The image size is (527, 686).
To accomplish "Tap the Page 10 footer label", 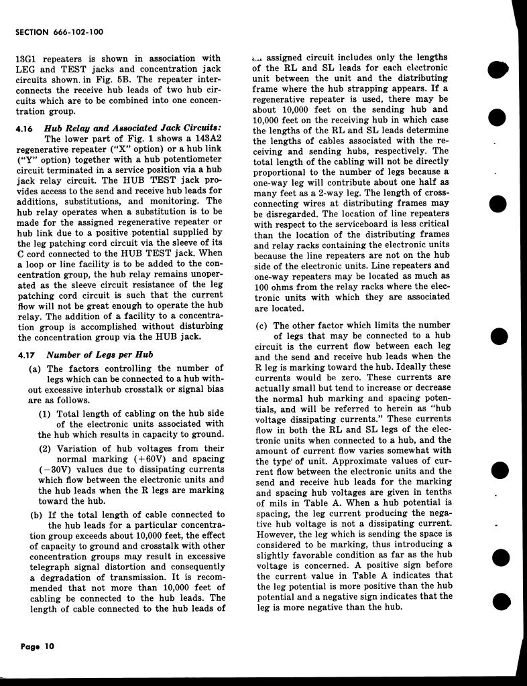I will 37,646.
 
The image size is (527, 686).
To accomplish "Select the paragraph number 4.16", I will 25,128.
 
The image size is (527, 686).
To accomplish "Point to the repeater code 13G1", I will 26,58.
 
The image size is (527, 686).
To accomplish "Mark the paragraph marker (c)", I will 261,325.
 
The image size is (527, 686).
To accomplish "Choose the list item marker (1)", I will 46,413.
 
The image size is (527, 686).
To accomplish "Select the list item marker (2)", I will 46,448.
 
